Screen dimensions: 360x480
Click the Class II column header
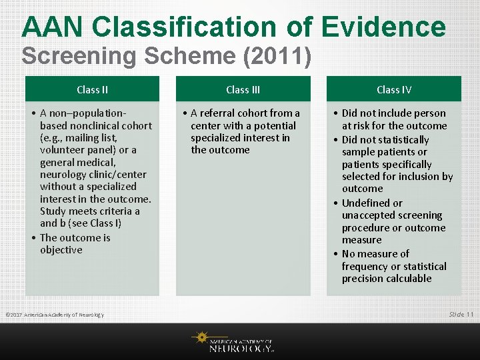pos(92,89)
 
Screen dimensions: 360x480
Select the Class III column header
pos(243,89)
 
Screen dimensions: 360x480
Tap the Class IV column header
pos(393,89)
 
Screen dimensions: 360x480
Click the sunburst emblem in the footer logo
pos(200,339)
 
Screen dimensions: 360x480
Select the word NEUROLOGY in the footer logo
pos(240,347)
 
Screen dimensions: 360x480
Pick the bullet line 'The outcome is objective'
pos(75,244)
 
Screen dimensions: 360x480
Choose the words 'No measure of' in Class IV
pos(375,254)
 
